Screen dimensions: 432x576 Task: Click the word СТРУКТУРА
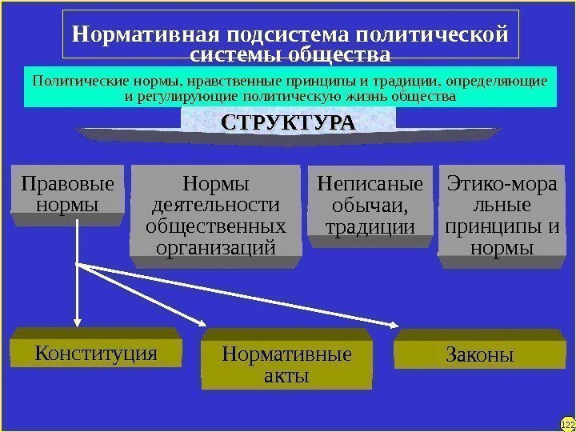click(x=288, y=125)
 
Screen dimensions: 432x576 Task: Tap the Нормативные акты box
click(x=286, y=363)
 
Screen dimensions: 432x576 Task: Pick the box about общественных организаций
click(x=216, y=214)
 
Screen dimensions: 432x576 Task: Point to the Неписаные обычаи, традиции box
click(x=370, y=205)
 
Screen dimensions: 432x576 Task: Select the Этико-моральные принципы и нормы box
click(x=499, y=214)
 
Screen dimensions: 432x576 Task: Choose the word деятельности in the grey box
click(x=216, y=205)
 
